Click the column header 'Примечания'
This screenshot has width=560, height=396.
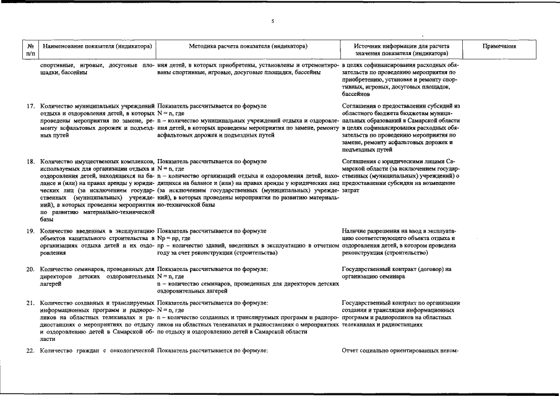tap(499, 46)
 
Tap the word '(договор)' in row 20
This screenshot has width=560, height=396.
tap(426, 269)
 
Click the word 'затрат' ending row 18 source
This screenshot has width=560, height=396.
tap(351, 191)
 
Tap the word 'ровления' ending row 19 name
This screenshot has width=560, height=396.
tap(53, 253)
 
